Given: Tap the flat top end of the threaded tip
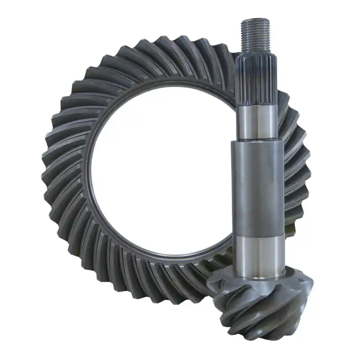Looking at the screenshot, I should [255, 20].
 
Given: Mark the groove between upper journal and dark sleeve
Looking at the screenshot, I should [257, 140].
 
